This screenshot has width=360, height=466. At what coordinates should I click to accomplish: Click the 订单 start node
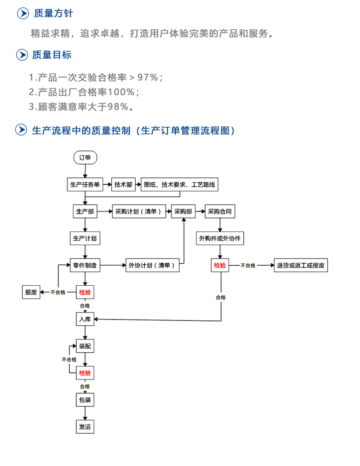[85, 157]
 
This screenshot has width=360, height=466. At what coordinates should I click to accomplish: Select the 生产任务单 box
[85, 185]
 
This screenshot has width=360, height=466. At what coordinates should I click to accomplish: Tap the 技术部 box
[124, 185]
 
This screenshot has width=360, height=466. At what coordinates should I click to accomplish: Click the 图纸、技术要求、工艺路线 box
[179, 185]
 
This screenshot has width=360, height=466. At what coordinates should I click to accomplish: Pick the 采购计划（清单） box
[139, 212]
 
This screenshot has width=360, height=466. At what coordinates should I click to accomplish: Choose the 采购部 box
[183, 212]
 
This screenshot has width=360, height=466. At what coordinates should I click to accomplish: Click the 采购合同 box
[220, 212]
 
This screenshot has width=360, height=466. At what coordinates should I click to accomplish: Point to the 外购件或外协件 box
[220, 239]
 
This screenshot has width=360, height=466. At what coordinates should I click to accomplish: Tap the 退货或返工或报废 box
[301, 265]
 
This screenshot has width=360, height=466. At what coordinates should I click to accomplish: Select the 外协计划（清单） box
[152, 265]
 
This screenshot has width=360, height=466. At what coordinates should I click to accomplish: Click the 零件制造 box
[85, 265]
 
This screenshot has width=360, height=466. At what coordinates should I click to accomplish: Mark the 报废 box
[31, 292]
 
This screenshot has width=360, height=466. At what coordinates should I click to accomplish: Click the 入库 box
[85, 319]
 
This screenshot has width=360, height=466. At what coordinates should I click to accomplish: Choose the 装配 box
[85, 346]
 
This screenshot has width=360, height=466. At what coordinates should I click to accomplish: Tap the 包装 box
[85, 400]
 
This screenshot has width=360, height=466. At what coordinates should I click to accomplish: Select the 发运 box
[85, 426]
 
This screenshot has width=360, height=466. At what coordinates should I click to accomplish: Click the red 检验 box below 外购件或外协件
[220, 265]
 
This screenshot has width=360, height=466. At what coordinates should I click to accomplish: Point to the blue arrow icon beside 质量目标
[22, 55]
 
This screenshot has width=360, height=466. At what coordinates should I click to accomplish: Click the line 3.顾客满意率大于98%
[82, 106]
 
